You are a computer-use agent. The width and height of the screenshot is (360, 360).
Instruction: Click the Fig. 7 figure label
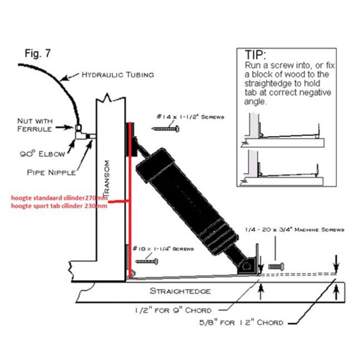pos(39,54)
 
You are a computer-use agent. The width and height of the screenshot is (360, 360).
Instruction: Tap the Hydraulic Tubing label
pos(117,74)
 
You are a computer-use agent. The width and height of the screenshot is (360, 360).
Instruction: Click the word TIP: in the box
pos(255,55)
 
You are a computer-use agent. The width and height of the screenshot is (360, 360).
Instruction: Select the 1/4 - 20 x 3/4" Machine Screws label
pos(294,229)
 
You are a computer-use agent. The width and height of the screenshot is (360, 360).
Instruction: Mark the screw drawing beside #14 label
pos(166,128)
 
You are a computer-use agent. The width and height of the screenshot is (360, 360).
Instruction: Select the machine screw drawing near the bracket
pos(276,266)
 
